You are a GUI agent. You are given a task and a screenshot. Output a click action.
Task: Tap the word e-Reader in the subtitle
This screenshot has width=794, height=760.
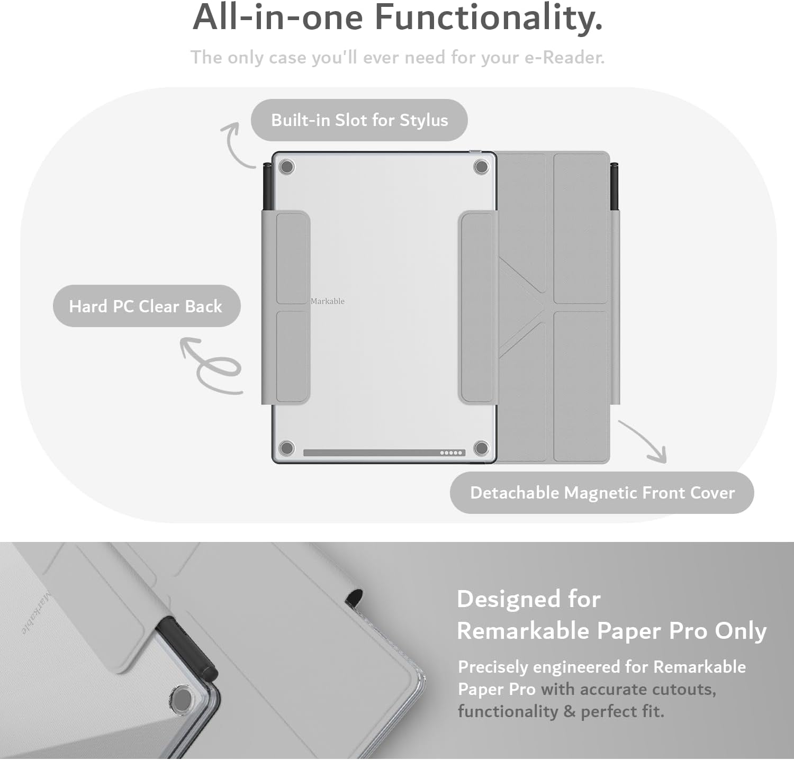click(564, 57)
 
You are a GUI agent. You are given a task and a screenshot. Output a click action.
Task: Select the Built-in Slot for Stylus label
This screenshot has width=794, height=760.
click(359, 120)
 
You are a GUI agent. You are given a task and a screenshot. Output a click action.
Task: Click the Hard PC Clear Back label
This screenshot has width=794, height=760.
click(146, 306)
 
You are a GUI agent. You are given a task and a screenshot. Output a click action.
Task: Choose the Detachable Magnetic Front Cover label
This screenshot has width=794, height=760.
click(602, 493)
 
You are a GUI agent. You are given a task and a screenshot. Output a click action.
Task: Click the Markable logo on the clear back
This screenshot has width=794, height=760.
click(328, 301)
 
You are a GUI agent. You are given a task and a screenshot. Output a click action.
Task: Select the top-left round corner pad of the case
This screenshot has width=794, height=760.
click(286, 167)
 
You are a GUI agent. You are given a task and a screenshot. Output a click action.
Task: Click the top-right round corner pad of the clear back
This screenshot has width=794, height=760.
click(481, 167)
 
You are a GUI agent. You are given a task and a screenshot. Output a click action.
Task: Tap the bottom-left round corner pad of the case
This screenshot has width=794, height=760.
click(286, 448)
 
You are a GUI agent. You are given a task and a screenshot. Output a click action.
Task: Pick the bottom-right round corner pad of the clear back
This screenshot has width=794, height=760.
click(481, 448)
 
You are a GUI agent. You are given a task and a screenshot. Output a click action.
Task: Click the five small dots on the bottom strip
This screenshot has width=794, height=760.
click(452, 453)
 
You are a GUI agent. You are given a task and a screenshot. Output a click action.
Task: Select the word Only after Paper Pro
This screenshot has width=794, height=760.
click(741, 630)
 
